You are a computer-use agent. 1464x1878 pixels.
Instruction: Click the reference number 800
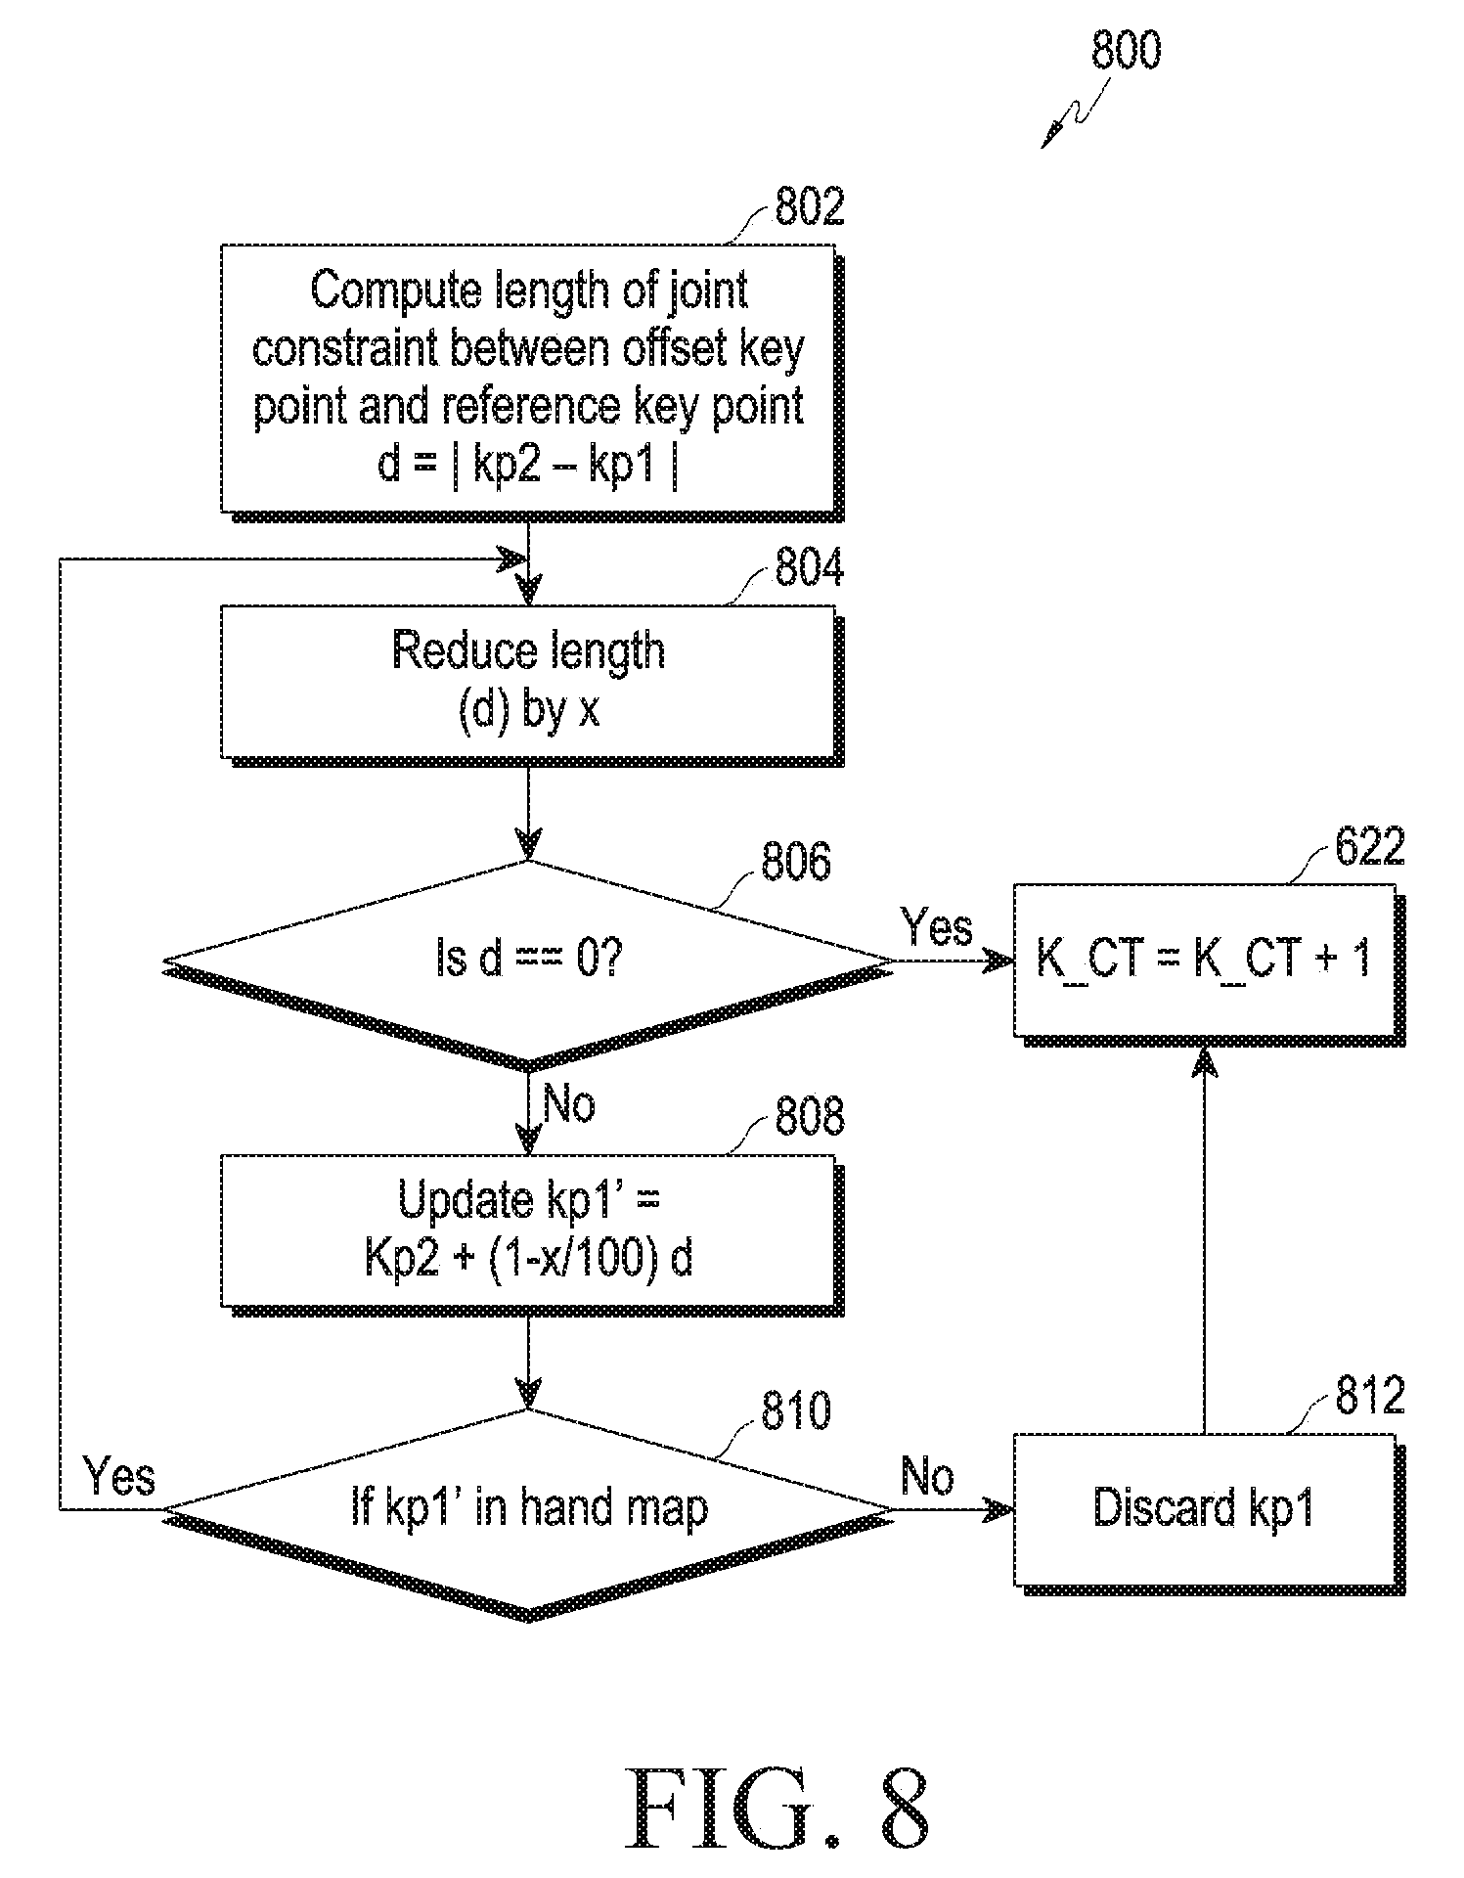click(1126, 51)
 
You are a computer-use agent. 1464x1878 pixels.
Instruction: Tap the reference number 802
click(809, 207)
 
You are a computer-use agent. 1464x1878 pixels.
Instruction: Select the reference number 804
click(809, 568)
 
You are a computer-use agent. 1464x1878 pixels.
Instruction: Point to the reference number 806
click(796, 862)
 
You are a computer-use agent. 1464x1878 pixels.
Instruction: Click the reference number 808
click(809, 1117)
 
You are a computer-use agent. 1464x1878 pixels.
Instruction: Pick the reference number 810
click(796, 1410)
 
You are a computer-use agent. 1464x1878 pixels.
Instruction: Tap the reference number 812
click(1370, 1396)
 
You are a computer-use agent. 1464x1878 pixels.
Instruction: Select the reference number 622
click(1370, 846)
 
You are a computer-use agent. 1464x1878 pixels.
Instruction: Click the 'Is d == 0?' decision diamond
click(528, 962)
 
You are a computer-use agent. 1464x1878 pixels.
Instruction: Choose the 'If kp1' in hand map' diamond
click(528, 1511)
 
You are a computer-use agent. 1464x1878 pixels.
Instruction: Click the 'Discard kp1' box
click(1209, 1511)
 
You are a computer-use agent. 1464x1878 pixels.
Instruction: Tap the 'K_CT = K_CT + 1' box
click(1209, 962)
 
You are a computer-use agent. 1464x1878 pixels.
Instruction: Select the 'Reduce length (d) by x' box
click(531, 685)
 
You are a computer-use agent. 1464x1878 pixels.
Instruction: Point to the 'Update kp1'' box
click(531, 1234)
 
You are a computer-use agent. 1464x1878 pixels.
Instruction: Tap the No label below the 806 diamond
click(568, 1104)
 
